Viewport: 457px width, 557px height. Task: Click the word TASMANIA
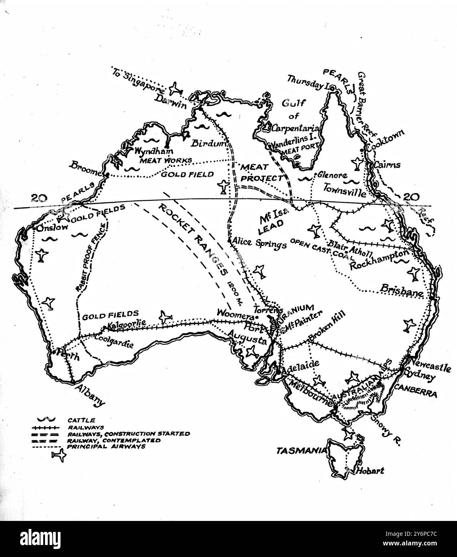tap(302, 451)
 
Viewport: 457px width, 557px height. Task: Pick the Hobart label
tap(370, 471)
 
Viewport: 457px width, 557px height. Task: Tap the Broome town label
tap(85, 169)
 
